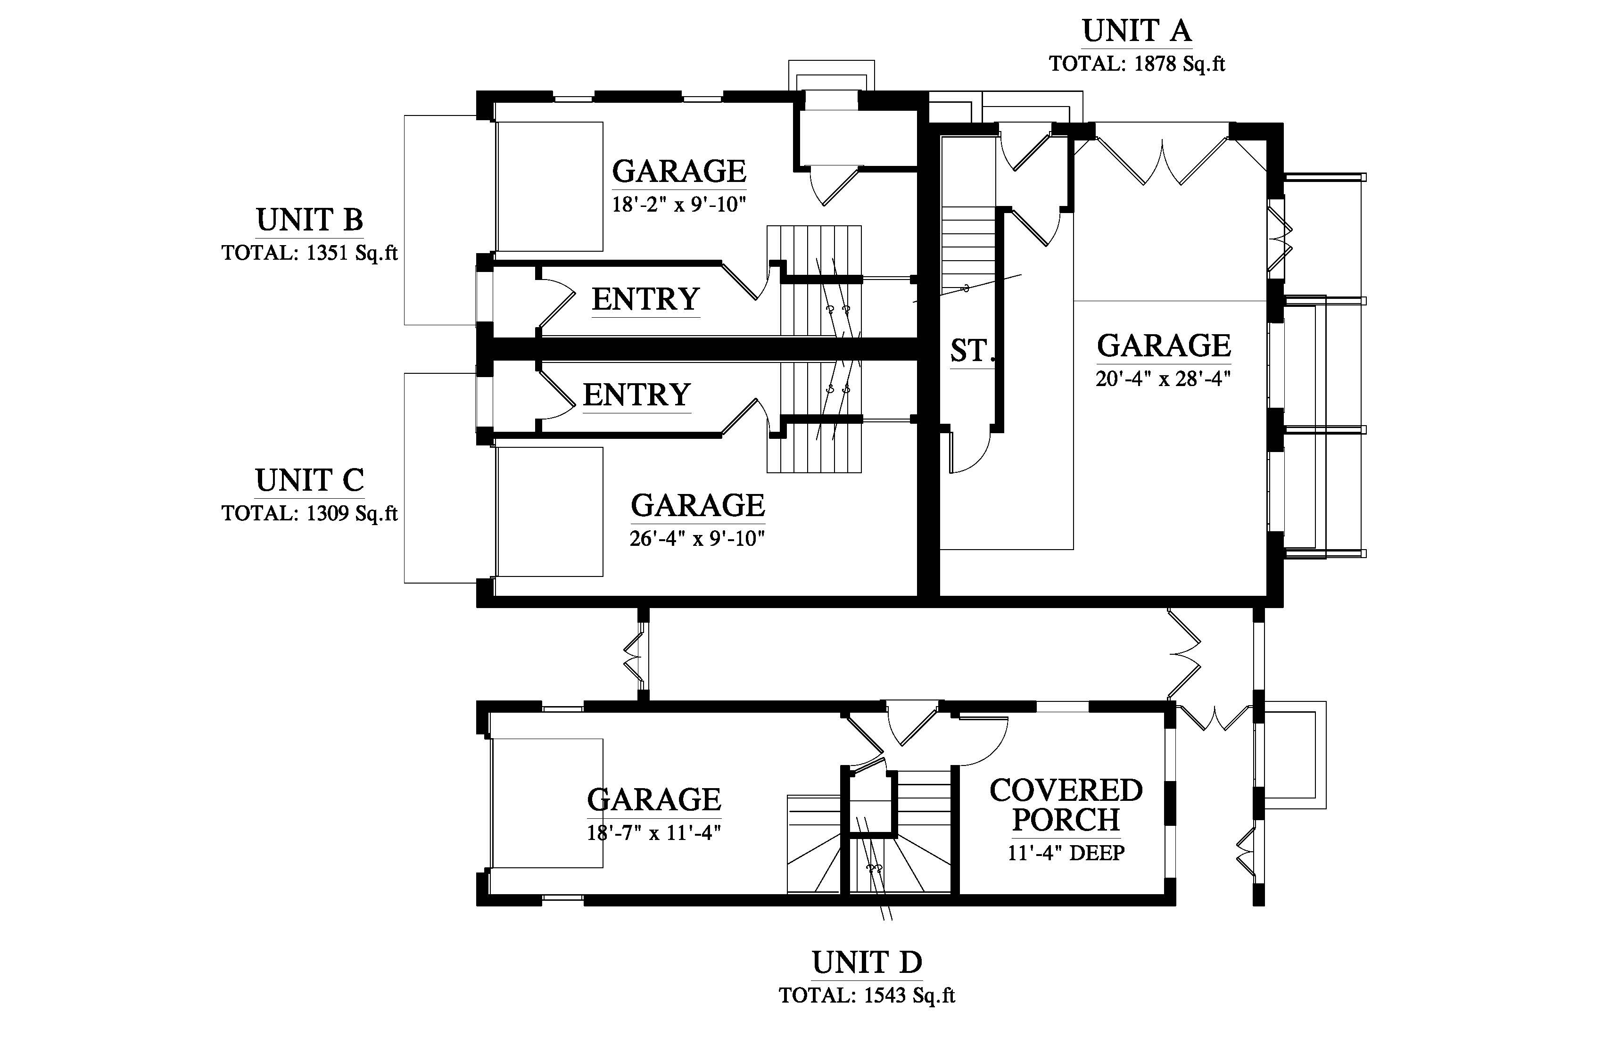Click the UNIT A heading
(1136, 31)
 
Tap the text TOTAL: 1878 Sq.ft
(1136, 64)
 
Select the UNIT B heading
(309, 220)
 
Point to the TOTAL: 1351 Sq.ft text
(309, 253)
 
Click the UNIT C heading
(309, 481)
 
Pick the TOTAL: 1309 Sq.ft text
(309, 514)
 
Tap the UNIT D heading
(867, 963)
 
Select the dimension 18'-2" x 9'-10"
(679, 204)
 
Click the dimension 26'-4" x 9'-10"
(697, 539)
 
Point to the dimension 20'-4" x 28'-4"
(1163, 379)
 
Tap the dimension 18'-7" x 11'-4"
(653, 833)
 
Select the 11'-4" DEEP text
(1066, 853)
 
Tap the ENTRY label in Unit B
(645, 299)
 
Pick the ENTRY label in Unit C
(636, 395)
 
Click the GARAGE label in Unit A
(1163, 346)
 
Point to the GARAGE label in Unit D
(653, 800)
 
